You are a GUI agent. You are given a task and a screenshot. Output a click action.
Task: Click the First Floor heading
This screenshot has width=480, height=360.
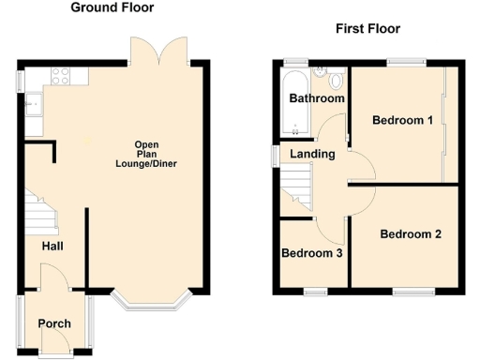coord(367,29)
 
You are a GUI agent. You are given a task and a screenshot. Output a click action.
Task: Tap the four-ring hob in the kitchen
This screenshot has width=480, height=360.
coord(61,78)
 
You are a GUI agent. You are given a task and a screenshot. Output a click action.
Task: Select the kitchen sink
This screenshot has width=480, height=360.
coord(35,103)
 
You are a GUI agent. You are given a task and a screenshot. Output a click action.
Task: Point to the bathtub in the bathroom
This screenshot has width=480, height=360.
coord(294,103)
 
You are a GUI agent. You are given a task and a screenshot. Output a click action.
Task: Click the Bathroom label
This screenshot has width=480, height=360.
coord(316,98)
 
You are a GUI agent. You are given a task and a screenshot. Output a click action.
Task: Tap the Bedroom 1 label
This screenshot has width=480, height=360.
coord(402,120)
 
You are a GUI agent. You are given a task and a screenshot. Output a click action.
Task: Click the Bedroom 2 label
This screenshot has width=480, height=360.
coord(410,234)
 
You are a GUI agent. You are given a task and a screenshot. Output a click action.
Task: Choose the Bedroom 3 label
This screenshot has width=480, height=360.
coord(311,253)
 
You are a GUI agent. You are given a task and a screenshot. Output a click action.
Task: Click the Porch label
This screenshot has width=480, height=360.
coord(54,324)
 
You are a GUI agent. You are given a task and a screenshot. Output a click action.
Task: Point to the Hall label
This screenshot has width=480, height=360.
coord(52,247)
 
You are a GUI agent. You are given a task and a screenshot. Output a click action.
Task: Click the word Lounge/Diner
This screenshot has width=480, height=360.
coord(146,164)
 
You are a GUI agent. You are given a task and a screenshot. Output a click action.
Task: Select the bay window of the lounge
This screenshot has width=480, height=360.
coord(152,301)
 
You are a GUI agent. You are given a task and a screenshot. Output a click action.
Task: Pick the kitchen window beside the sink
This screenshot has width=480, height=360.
coord(20,81)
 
